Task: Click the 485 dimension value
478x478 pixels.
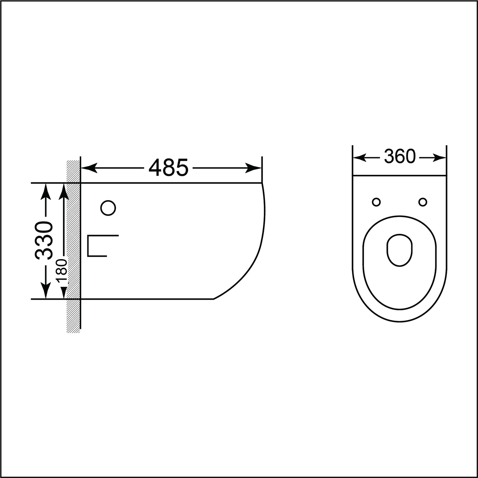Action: pos(168,168)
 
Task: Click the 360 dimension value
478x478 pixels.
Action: pos(400,157)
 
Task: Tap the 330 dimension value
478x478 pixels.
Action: pos(44,240)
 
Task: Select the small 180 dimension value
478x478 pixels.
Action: pos(62,272)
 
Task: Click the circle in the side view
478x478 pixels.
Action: pos(108,208)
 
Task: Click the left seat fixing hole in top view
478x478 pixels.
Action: pos(376,202)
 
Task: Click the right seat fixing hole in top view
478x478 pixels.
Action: pos(423,202)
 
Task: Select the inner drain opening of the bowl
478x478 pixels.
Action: pos(400,250)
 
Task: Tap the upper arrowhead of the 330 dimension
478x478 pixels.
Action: pos(46,192)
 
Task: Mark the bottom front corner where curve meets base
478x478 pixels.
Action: pos(213,299)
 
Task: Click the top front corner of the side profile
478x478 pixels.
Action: pos(262,183)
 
